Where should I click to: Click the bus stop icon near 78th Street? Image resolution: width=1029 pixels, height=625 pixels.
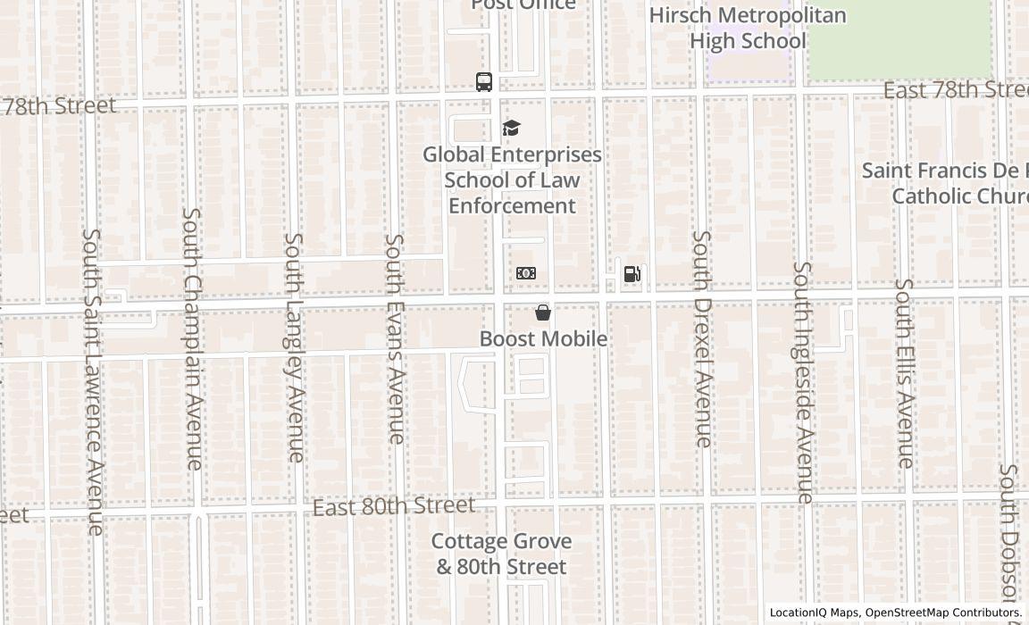[484, 82]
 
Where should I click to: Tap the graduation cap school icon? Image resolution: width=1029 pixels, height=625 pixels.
[511, 129]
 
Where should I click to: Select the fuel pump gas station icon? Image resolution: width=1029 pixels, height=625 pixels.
[632, 274]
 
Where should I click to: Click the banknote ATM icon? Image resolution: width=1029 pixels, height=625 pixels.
[526, 273]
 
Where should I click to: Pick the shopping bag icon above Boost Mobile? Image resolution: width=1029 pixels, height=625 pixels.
[542, 312]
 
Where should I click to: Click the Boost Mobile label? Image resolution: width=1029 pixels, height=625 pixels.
[543, 338]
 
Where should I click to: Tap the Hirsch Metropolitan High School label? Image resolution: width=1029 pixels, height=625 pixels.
[748, 29]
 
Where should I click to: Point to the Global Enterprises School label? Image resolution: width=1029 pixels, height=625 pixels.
[512, 179]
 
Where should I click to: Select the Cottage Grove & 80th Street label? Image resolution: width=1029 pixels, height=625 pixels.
[501, 554]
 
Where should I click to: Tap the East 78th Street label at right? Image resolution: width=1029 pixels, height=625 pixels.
[955, 90]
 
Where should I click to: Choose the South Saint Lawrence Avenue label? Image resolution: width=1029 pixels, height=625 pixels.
[94, 381]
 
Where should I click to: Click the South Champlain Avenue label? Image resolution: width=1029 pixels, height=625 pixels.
[193, 338]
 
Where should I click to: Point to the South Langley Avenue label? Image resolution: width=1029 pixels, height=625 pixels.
[294, 347]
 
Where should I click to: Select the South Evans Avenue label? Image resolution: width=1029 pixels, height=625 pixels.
[395, 338]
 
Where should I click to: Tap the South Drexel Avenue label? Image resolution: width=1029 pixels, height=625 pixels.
[703, 338]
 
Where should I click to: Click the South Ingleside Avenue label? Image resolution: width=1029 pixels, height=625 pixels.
[804, 382]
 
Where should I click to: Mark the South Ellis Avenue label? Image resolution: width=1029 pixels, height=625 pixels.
[905, 373]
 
